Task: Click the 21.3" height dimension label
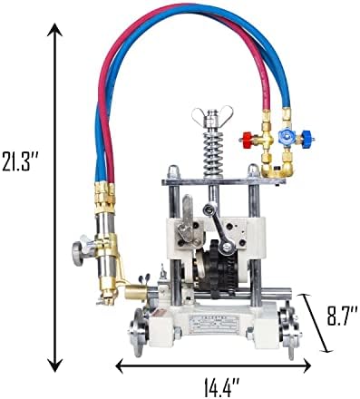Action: (x=20, y=160)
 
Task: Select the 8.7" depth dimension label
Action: (x=342, y=316)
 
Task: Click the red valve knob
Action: (x=248, y=139)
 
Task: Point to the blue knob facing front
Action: (x=285, y=135)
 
